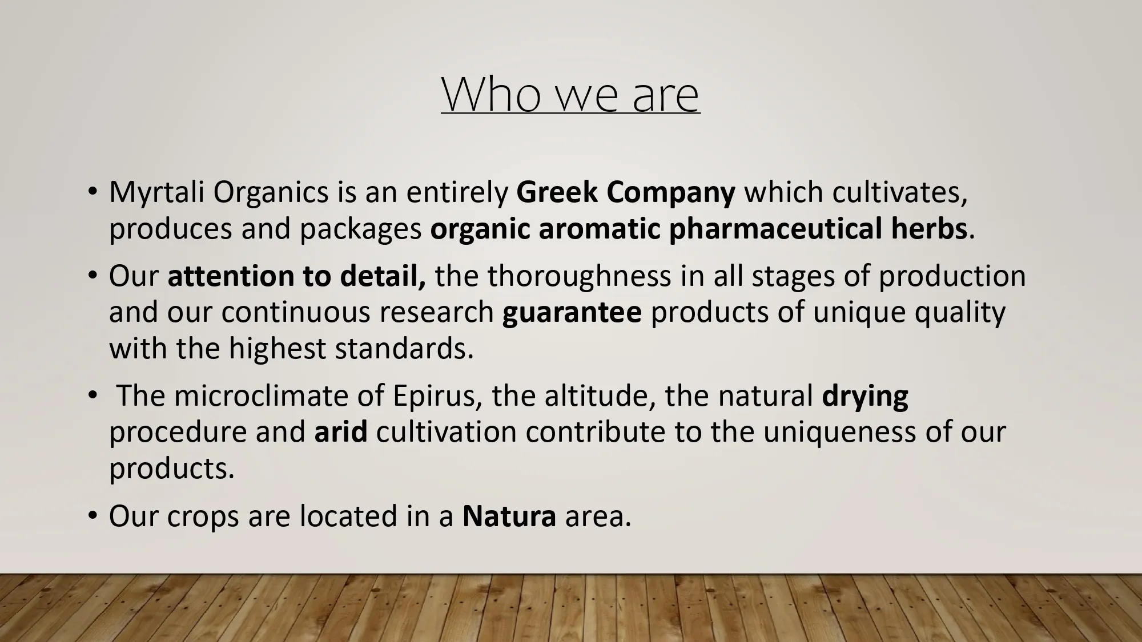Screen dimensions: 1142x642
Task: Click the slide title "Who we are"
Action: [x=570, y=94]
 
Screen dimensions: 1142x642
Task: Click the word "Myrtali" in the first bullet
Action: [x=157, y=193]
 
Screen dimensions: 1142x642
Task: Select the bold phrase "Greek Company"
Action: [x=626, y=193]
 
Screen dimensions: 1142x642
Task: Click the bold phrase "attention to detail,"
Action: [x=297, y=276]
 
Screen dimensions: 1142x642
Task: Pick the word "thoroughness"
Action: [x=579, y=276]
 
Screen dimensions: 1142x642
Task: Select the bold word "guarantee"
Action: [x=572, y=313]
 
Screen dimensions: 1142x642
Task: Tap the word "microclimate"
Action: [x=262, y=396]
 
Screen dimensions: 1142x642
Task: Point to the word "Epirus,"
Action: [x=438, y=396]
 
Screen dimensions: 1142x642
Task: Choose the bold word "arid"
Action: [x=341, y=432]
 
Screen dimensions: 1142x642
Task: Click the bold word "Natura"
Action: [x=509, y=516]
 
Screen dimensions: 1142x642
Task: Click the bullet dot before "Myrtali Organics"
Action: [x=93, y=192]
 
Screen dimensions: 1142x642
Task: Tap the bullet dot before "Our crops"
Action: [x=93, y=516]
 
